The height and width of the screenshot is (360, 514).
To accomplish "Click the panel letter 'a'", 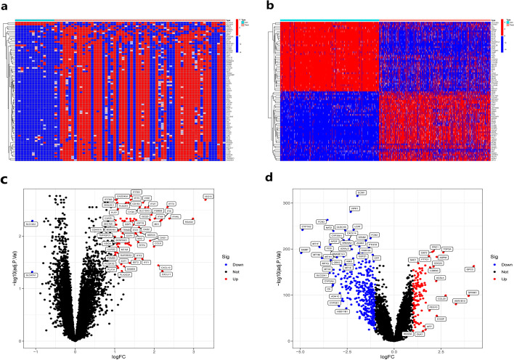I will (6, 7).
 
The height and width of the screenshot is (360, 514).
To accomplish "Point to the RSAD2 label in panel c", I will (189, 221).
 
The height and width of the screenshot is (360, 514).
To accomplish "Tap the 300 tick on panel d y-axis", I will (287, 203).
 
